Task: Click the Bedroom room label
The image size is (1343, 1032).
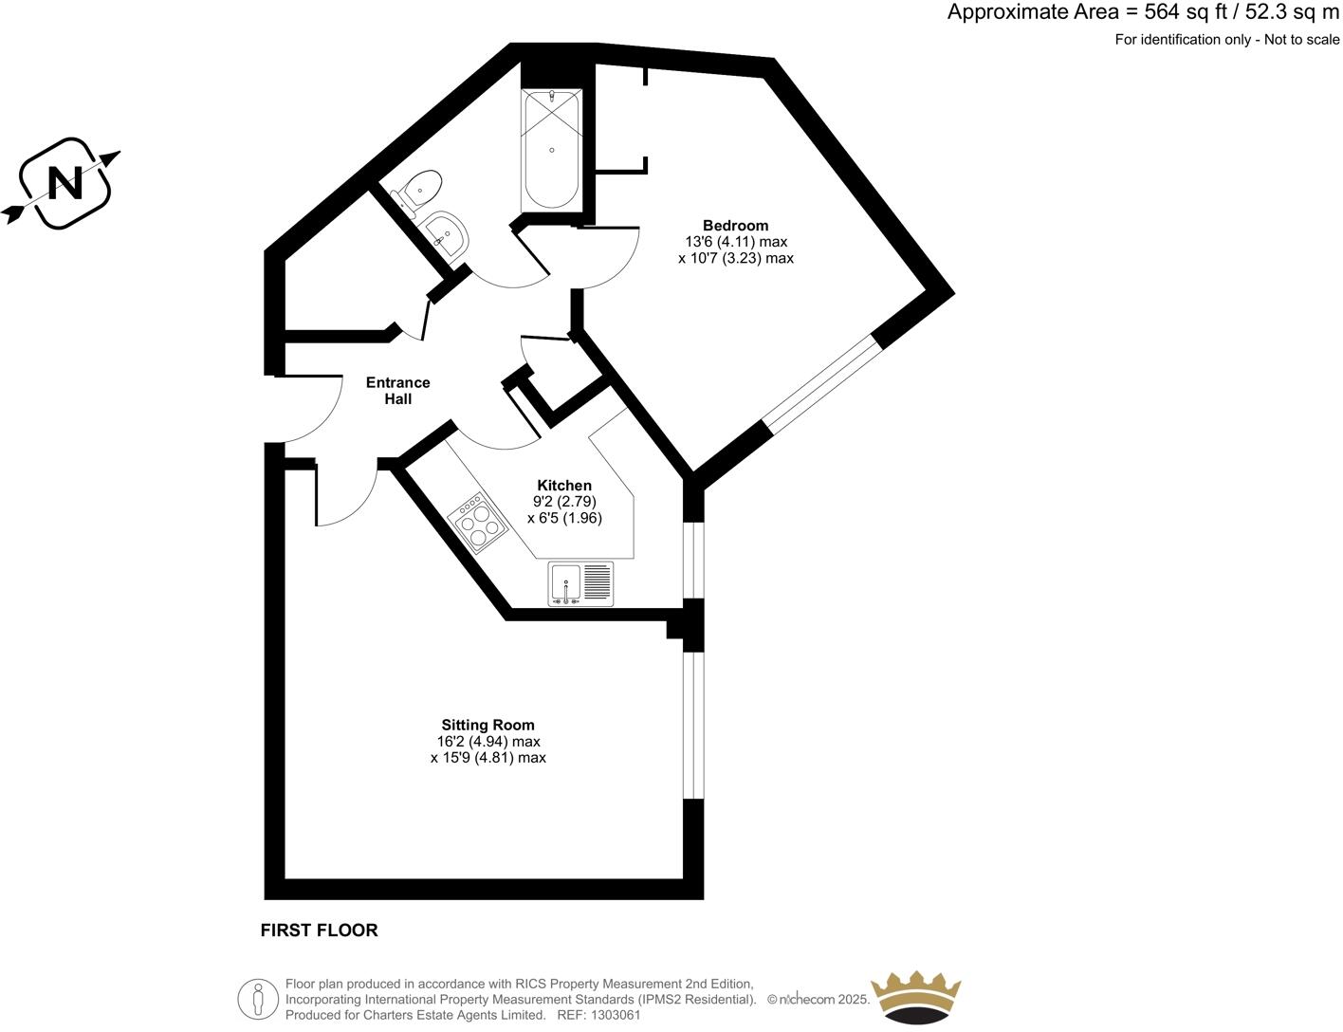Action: (x=735, y=225)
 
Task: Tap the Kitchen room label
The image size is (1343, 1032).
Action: (x=564, y=485)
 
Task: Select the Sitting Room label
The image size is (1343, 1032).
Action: (x=488, y=725)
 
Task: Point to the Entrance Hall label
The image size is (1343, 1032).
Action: (x=398, y=391)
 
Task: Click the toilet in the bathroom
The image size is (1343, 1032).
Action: (x=422, y=188)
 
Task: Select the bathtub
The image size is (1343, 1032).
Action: (x=551, y=150)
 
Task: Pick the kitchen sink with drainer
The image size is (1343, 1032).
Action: (x=581, y=583)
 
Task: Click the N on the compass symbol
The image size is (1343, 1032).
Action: (x=64, y=182)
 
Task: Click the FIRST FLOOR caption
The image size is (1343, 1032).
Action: (x=319, y=931)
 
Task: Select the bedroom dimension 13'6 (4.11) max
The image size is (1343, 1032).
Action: (x=736, y=242)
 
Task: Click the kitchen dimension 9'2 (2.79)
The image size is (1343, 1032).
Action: (x=564, y=502)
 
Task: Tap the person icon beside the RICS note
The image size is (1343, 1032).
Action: (x=258, y=998)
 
